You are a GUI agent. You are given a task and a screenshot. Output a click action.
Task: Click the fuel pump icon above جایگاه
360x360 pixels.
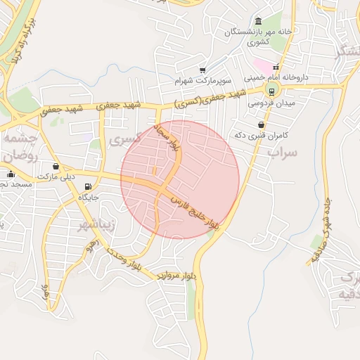pyautogui.click(x=87, y=187)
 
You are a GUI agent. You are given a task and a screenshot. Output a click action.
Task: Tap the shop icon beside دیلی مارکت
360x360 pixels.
pyautogui.click(x=56, y=167)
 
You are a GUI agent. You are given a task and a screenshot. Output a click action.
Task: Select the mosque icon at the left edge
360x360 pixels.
pyautogui.click(x=10, y=174)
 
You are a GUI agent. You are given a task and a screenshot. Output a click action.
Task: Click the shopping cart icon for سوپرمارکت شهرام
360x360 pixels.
pyautogui.click(x=202, y=70)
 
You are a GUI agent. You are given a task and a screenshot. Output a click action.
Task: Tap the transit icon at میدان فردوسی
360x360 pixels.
pyautogui.click(x=271, y=89)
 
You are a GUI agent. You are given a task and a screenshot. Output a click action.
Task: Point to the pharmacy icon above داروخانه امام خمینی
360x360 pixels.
pyautogui.click(x=276, y=67)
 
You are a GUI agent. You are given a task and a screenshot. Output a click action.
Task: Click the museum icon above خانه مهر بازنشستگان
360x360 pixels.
pyautogui.click(x=259, y=21)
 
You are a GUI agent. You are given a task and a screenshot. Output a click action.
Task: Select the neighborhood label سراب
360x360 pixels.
pyautogui.click(x=283, y=152)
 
